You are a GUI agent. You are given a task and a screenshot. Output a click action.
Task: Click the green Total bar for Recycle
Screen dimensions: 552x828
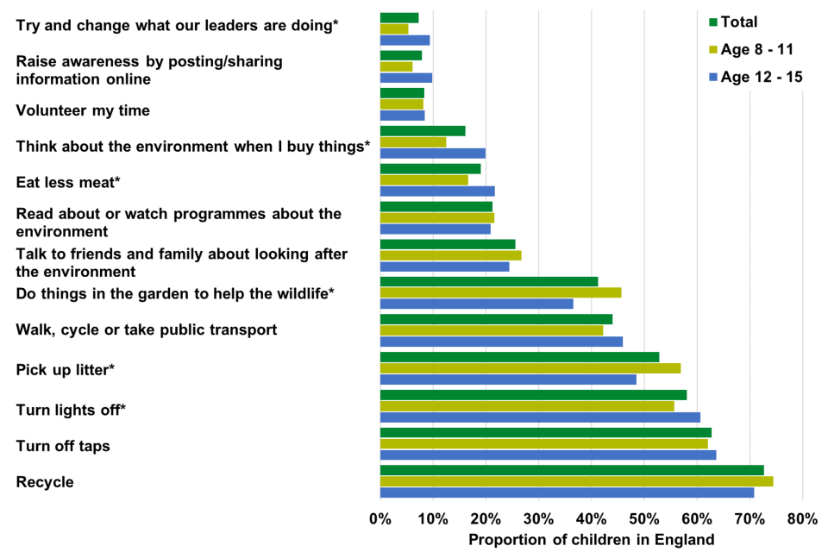[571, 470]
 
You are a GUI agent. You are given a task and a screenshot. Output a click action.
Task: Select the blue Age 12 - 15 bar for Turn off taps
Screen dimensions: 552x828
[548, 455]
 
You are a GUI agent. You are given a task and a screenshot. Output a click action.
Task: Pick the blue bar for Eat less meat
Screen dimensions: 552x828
[437, 191]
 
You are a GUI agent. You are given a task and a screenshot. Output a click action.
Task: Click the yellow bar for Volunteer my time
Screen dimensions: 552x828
[401, 104]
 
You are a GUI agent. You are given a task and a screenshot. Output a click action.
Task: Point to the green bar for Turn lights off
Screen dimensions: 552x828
[533, 395]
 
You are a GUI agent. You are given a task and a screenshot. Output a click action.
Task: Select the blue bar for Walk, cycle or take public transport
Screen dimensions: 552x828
[501, 342]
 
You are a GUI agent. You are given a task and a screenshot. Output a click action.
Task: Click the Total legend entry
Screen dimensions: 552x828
[738, 22]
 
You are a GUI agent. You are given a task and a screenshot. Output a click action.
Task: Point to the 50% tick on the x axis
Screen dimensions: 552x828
[644, 519]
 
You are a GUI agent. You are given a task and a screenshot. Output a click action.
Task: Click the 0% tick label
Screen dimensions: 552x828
[379, 519]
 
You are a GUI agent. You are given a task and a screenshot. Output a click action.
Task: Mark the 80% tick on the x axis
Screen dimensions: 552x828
[802, 519]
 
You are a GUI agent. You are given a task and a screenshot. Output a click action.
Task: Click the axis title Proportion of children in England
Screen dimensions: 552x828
[591, 540]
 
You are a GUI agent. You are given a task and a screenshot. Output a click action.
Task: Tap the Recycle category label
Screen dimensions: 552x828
[45, 482]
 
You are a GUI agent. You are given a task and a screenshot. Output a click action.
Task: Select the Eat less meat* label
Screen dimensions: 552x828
[68, 182]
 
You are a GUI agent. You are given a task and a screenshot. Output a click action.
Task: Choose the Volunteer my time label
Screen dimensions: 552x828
[83, 110]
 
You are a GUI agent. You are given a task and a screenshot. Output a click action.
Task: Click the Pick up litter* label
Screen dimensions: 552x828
[66, 370]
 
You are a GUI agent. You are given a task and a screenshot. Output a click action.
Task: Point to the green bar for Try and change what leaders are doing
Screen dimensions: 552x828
[399, 17]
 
